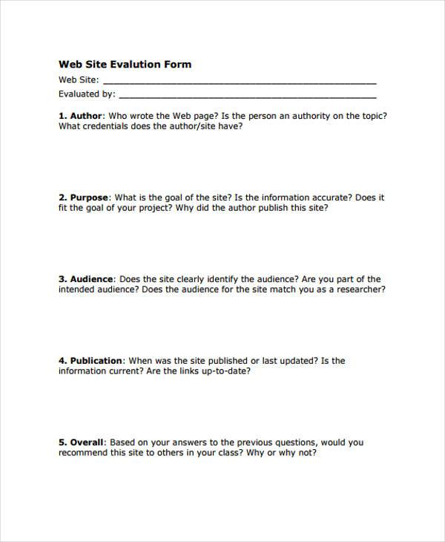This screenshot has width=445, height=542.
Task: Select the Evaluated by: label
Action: (87, 94)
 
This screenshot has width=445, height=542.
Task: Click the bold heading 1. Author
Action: (81, 116)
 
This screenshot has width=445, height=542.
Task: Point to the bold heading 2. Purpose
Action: (84, 197)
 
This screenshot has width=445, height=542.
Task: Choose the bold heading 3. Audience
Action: (86, 279)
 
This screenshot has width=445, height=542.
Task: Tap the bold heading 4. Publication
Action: (91, 361)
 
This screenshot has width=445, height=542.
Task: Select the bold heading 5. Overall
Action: (82, 443)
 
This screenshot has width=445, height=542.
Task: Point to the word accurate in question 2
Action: (327, 197)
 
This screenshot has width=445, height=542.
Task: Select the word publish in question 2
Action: (266, 208)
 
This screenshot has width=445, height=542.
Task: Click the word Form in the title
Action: (179, 65)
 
